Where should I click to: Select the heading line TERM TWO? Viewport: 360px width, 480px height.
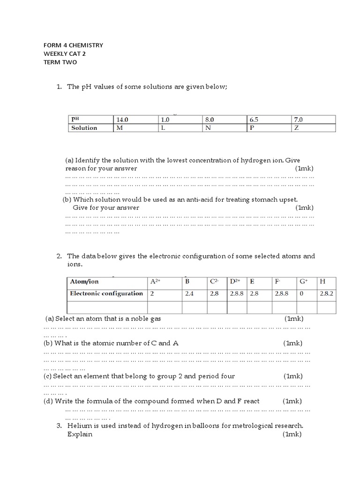[x=60, y=62]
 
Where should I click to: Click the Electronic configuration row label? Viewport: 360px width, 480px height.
[x=106, y=293]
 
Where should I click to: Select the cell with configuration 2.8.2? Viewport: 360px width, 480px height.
[x=326, y=293]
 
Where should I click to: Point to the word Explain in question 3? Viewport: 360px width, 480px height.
[x=80, y=434]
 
